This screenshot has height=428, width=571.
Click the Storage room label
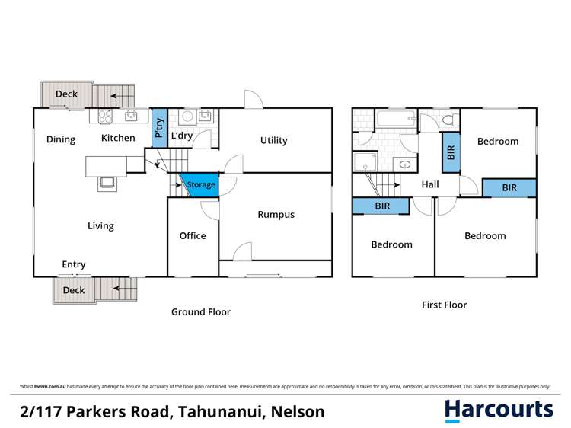[x=201, y=185]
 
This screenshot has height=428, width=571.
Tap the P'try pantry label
[x=159, y=129]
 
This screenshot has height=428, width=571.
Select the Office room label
[x=193, y=236]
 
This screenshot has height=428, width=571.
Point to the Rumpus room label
[x=276, y=215]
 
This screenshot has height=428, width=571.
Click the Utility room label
[x=273, y=140]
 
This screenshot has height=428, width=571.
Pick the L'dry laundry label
[x=181, y=136]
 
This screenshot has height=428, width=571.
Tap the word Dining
[x=61, y=139]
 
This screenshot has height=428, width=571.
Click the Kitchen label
[x=119, y=138]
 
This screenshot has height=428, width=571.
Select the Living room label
[x=100, y=226]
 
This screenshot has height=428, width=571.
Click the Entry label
[x=74, y=265]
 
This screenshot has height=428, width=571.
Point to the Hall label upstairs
[x=431, y=184]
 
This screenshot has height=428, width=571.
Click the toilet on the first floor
[x=450, y=120]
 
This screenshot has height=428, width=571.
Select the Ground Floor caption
[x=200, y=312]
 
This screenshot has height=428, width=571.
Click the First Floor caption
[x=445, y=305]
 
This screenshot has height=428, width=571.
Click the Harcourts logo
[x=499, y=410]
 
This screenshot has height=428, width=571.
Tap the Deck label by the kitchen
[x=66, y=94]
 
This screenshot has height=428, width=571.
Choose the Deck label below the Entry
[x=74, y=290]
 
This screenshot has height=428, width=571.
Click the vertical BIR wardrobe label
[x=451, y=150]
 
